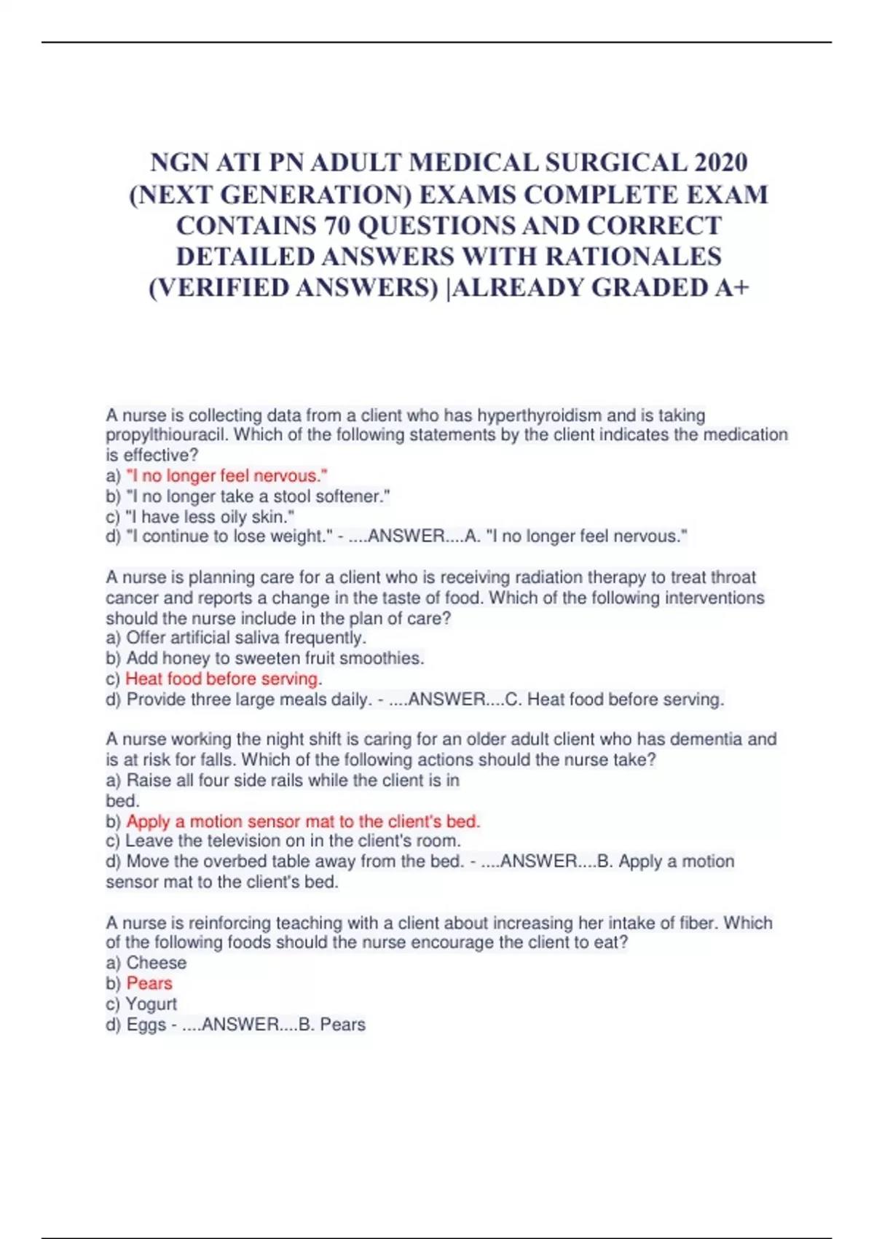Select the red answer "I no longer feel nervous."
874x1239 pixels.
click(227, 476)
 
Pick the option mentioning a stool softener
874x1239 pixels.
click(258, 496)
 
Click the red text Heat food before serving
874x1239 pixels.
click(221, 679)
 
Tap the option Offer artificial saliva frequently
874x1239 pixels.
click(245, 638)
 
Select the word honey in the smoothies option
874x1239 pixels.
click(185, 658)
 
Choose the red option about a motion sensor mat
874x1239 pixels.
click(303, 821)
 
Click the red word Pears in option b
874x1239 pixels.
click(149, 983)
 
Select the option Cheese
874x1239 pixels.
click(156, 963)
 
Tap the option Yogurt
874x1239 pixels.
click(151, 1004)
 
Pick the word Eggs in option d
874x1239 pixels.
click(146, 1025)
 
